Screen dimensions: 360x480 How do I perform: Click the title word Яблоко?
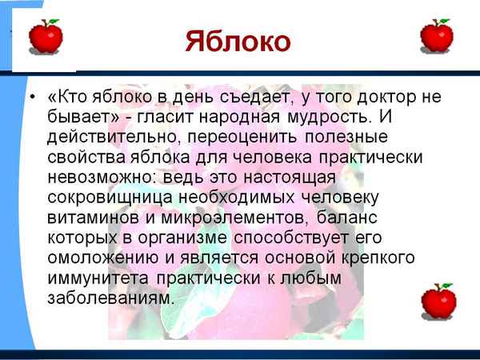click(238, 42)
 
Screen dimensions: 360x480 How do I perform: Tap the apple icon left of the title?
click(45, 36)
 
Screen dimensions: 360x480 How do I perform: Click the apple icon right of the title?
click(436, 36)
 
